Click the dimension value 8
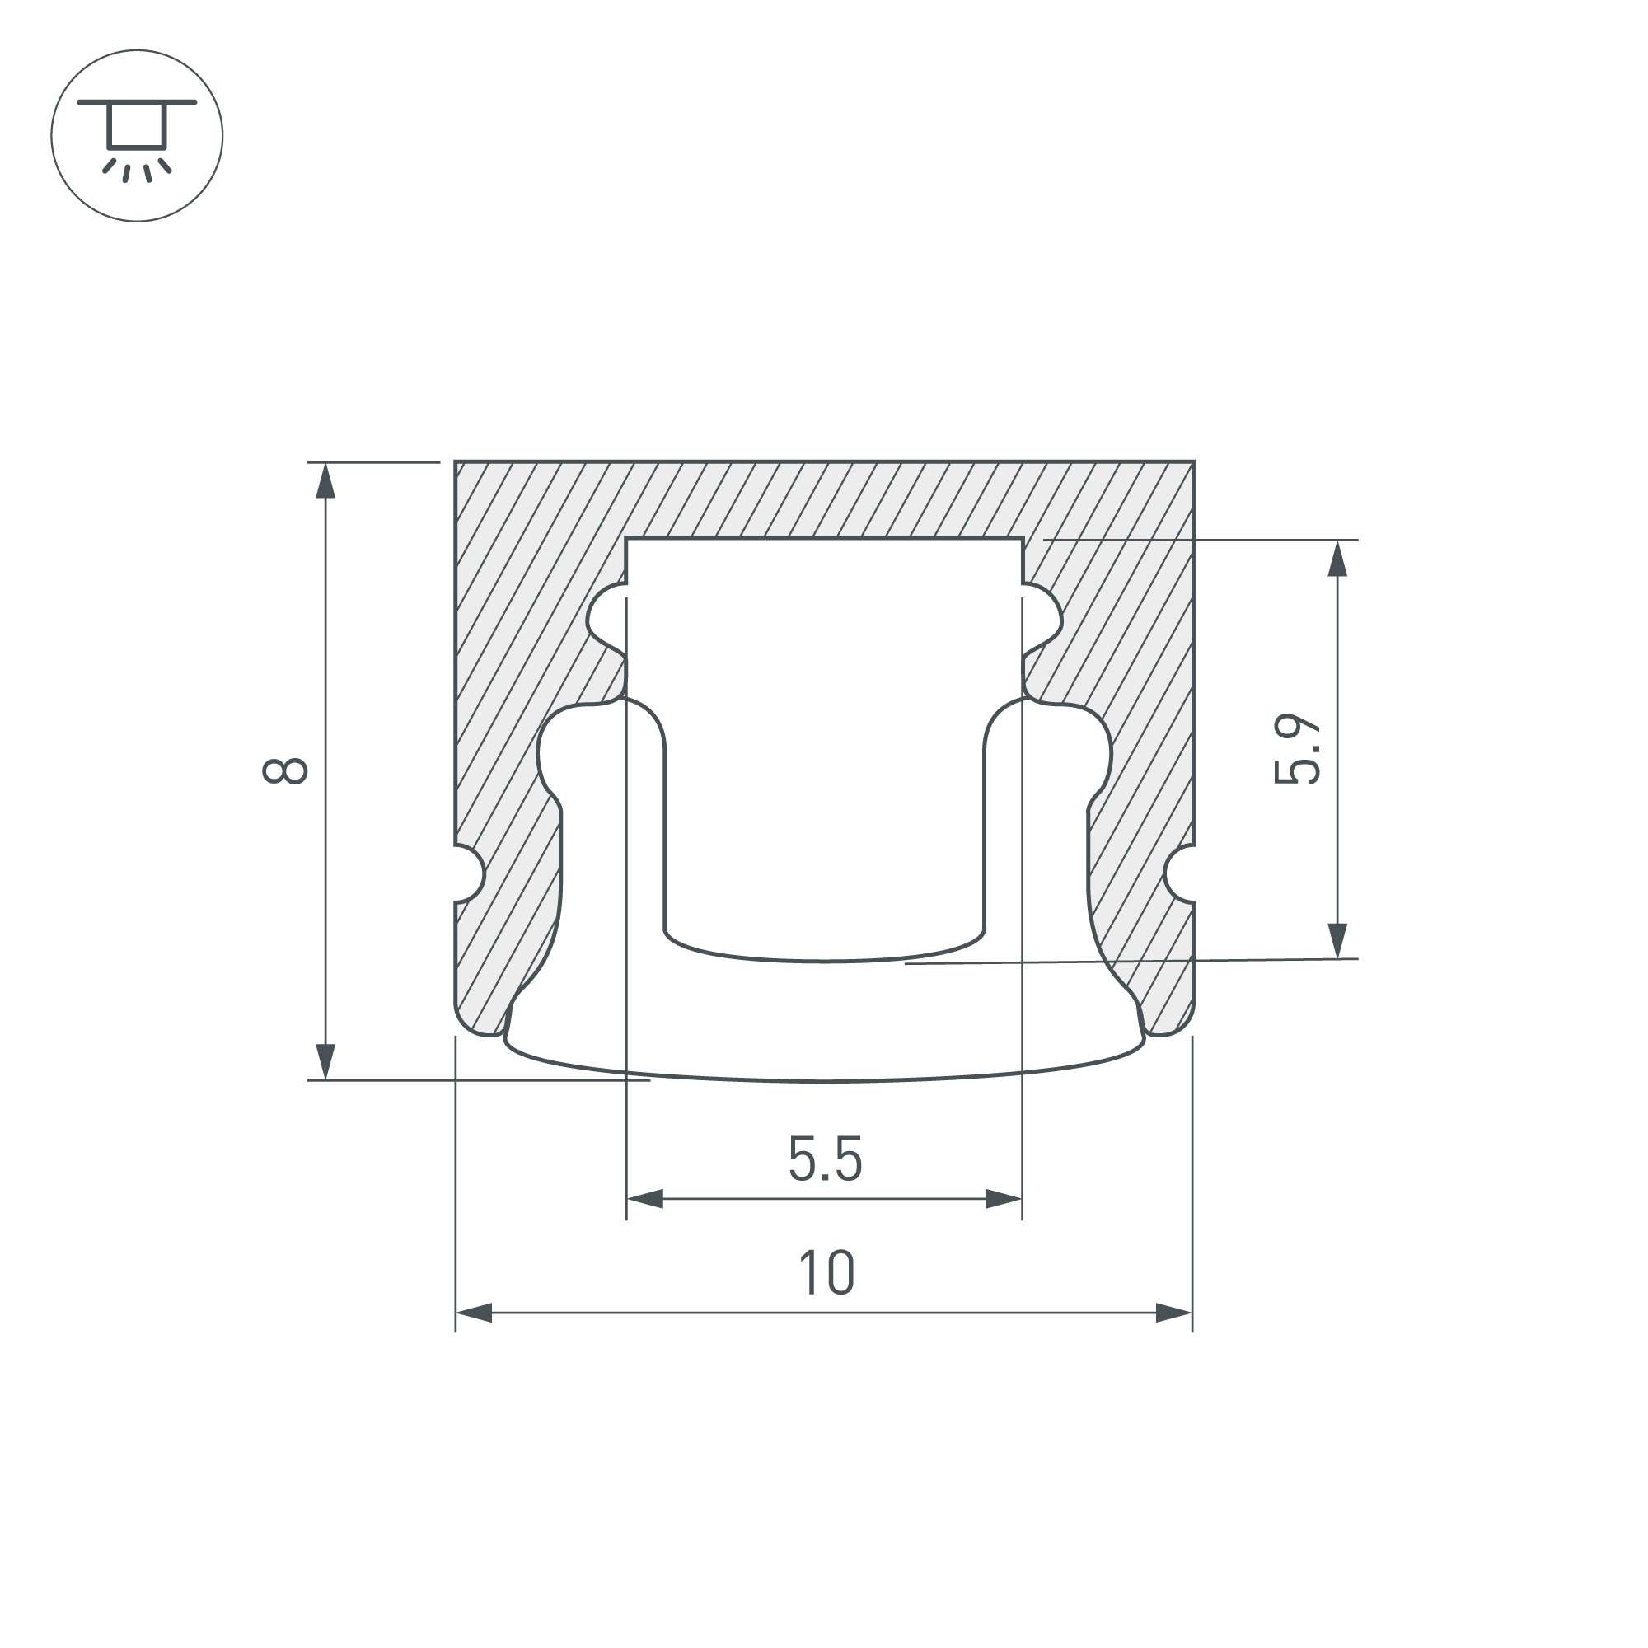pyautogui.click(x=285, y=770)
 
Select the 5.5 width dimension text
pyautogui.click(x=825, y=1159)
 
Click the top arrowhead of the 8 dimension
pyautogui.click(x=325, y=481)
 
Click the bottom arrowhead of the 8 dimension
pyautogui.click(x=325, y=1061)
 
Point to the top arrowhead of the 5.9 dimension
pyautogui.click(x=1337, y=559)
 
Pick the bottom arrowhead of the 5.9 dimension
pyautogui.click(x=1337, y=940)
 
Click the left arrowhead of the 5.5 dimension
pyautogui.click(x=646, y=1198)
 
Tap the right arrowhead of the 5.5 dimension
pyautogui.click(x=1003, y=1198)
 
